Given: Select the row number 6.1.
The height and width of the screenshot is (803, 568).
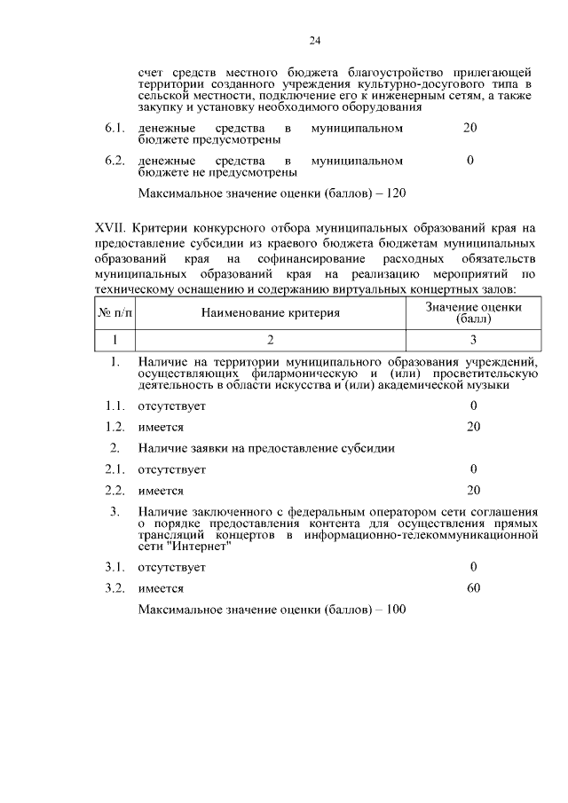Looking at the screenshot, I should point(113,129).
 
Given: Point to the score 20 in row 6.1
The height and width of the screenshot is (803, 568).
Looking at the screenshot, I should point(470,129).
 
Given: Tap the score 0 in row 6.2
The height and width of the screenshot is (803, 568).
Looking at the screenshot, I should point(470,161).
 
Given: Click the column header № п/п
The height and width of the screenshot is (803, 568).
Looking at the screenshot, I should point(114,312).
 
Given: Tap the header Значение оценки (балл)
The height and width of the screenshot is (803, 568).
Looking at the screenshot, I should point(473,311).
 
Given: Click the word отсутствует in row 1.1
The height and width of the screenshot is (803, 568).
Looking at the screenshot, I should point(172,406).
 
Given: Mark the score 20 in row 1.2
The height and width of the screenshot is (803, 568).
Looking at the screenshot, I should point(473,427).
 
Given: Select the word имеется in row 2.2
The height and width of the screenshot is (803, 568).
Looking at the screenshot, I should point(161,491).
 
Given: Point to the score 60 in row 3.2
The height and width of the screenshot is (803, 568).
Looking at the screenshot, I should point(473,587).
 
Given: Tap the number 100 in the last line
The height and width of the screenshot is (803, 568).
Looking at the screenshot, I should point(394,610).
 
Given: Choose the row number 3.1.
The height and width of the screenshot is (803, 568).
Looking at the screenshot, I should point(113,567).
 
